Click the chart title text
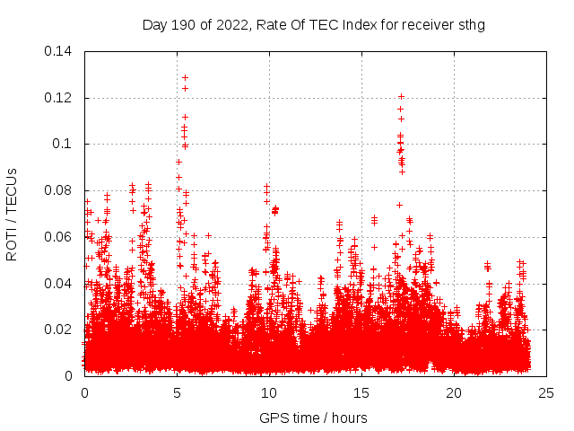click(313, 25)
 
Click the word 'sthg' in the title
click(471, 25)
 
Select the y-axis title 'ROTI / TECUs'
click(12, 214)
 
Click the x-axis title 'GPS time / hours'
click(313, 418)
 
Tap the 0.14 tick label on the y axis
click(60, 51)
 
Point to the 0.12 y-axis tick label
click(60, 98)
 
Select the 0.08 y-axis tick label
click(60, 190)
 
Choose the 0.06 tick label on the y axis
click(60, 237)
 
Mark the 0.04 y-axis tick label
click(60, 284)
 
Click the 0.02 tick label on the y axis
click(60, 330)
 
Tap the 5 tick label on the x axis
click(177, 392)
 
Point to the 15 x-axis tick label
click(361, 392)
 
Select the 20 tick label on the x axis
click(454, 392)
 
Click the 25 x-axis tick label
click(546, 392)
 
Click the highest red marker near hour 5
click(185, 77)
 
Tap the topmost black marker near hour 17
click(401, 96)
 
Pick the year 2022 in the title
click(224, 25)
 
